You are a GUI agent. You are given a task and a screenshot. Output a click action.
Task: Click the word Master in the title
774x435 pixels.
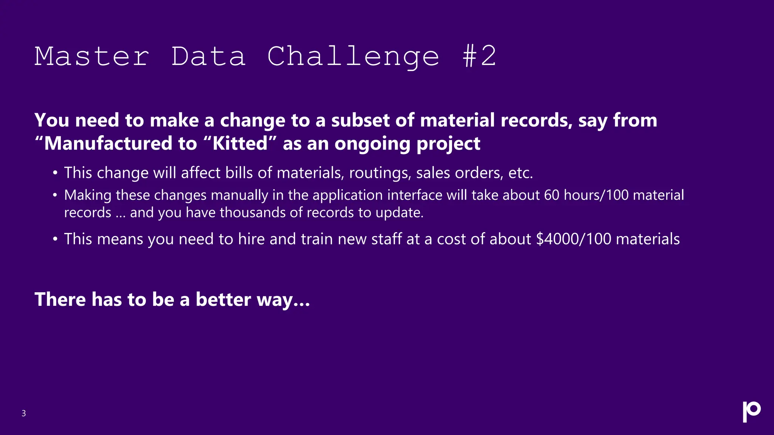pyautogui.click(x=92, y=57)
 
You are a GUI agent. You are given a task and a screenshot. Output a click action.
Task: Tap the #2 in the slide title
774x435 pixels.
pyautogui.click(x=479, y=57)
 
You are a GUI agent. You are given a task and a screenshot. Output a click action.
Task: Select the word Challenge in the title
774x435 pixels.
pyautogui.click(x=353, y=57)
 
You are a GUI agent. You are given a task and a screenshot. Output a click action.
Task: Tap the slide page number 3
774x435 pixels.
pyautogui.click(x=23, y=413)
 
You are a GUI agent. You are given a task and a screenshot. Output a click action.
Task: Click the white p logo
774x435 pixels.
pyautogui.click(x=751, y=412)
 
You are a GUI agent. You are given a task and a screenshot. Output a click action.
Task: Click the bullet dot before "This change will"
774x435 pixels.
pyautogui.click(x=55, y=173)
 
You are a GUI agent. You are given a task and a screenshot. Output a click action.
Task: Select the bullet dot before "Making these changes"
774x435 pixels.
pyautogui.click(x=55, y=195)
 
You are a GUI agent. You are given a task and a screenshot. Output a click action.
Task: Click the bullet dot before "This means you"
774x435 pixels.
pyautogui.click(x=55, y=239)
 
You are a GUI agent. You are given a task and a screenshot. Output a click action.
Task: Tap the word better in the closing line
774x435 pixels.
pyautogui.click(x=223, y=299)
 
